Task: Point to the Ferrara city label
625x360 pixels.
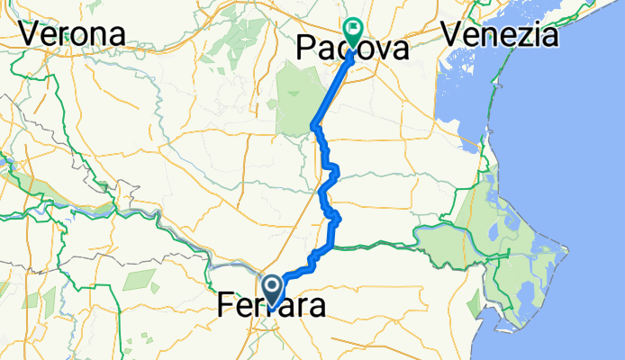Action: point(271,306)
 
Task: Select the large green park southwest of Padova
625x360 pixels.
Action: point(294,99)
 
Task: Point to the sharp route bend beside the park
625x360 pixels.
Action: point(312,124)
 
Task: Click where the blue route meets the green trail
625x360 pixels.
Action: point(332,245)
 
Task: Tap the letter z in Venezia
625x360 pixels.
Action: point(525,35)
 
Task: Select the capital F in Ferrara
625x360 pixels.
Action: point(226,307)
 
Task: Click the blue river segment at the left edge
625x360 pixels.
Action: point(5,164)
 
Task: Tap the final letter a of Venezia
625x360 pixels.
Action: point(548,35)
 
